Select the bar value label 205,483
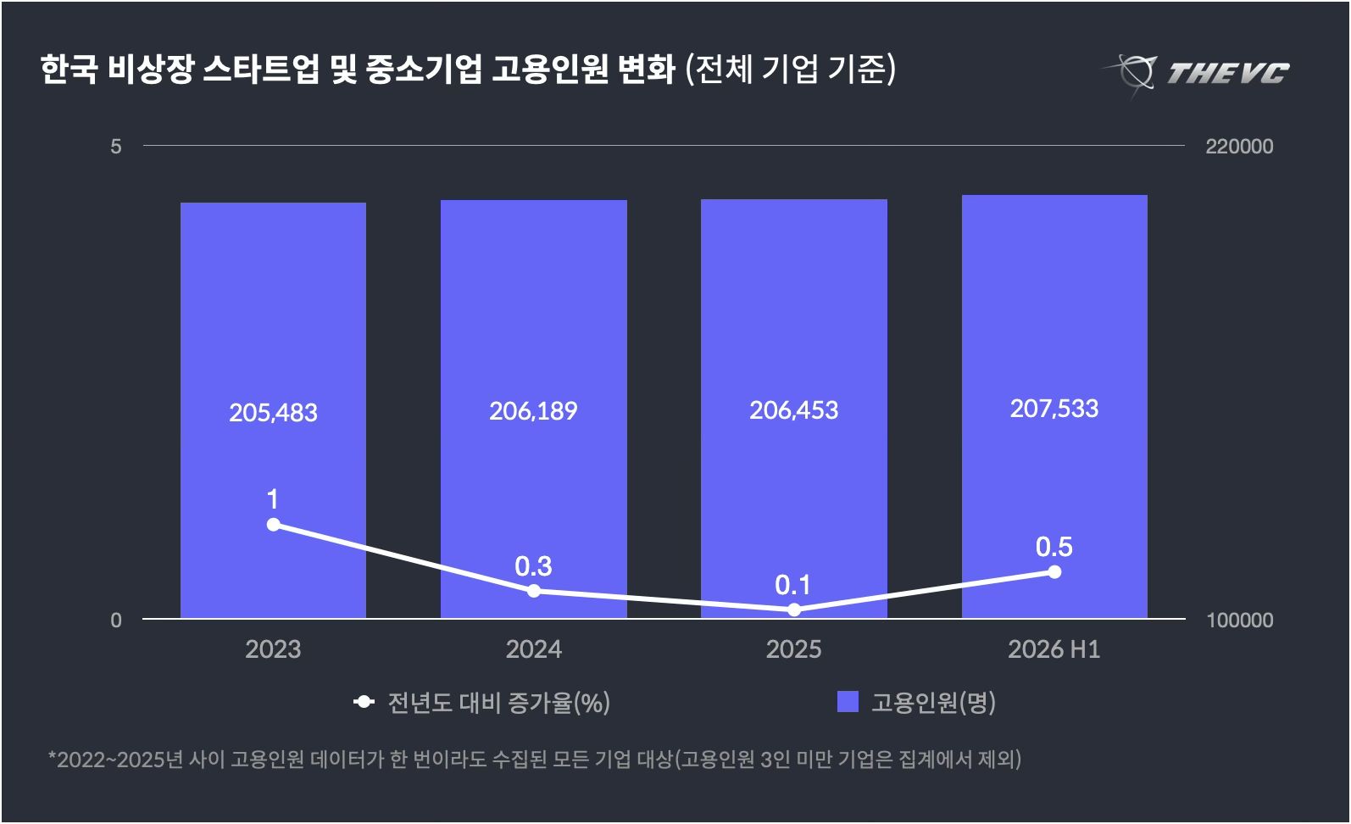click(x=273, y=413)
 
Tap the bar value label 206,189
click(x=533, y=411)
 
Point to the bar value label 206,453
click(x=793, y=411)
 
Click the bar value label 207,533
click(x=1054, y=409)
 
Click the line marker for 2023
click(x=273, y=525)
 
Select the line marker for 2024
click(x=534, y=591)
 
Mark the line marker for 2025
click(x=794, y=610)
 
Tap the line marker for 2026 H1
click(x=1054, y=572)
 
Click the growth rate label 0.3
click(x=533, y=566)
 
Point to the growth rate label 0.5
click(x=1054, y=547)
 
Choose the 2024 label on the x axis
click(x=534, y=649)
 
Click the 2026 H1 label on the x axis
click(x=1054, y=649)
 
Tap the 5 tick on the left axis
click(x=116, y=147)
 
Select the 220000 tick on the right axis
click(x=1239, y=147)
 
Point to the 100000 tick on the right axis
click(x=1240, y=620)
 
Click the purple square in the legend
click(x=848, y=702)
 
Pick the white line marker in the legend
click(x=364, y=702)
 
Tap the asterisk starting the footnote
click(x=52, y=754)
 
